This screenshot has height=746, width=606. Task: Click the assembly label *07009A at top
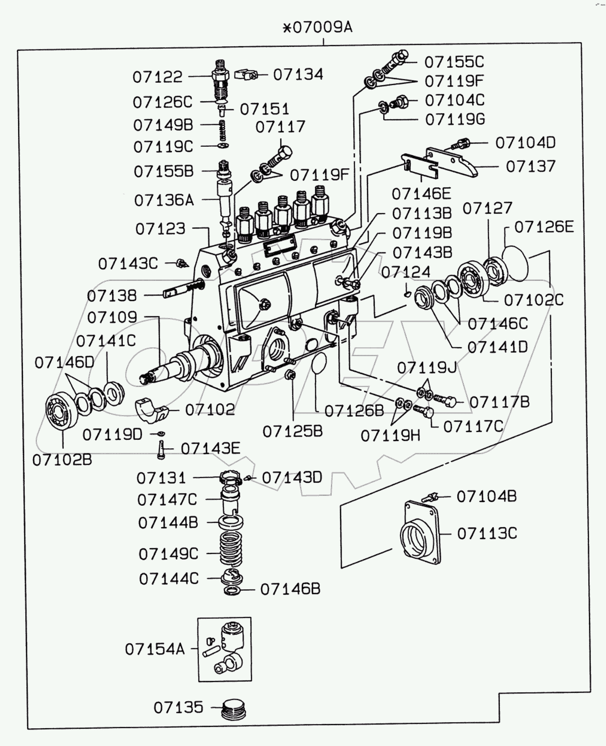coord(317,28)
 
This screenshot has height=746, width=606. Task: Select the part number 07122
coord(157,77)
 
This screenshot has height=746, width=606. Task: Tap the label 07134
coord(298,74)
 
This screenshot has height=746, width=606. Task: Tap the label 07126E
coord(544,227)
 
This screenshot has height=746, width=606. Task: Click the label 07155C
coord(454,62)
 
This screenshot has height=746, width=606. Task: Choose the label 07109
coord(112,317)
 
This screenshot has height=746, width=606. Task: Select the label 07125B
coord(292,431)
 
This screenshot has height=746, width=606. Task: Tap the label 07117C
coord(473,426)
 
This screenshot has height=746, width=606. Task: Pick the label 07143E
coord(210,449)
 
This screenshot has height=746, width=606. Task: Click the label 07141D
coord(498,347)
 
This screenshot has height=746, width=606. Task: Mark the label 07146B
coord(290,589)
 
